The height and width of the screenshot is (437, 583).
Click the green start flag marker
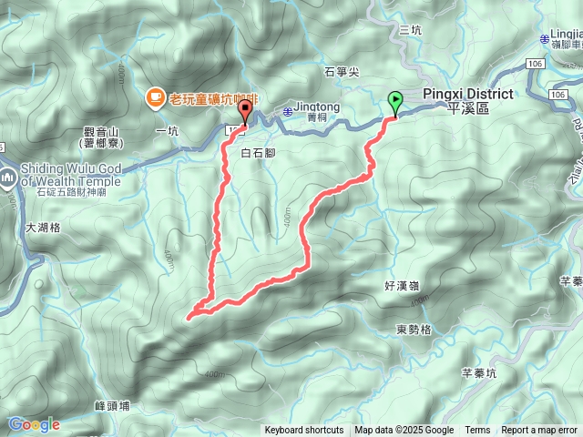395,102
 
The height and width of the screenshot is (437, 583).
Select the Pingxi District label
468,100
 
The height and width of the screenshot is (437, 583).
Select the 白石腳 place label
258,153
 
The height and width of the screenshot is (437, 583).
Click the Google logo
34,424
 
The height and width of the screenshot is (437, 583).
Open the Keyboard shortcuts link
304,431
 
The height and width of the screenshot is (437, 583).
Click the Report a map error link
540,431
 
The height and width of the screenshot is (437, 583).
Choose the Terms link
477,431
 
